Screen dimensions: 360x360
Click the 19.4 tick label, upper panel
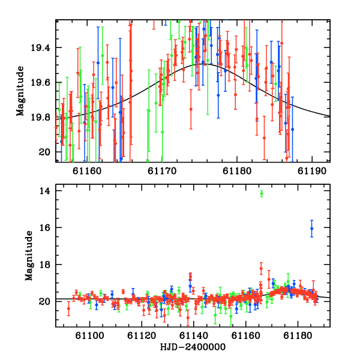[40, 48]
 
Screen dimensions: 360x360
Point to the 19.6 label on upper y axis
[40, 82]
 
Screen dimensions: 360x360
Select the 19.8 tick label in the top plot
[40, 118]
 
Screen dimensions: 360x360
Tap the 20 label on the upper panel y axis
[44, 152]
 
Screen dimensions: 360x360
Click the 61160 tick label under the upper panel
[87, 171]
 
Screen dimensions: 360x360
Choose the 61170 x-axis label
[162, 171]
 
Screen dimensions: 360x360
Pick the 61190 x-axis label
[312, 171]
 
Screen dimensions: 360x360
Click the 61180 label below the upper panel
[237, 171]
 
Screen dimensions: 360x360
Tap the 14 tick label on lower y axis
[44, 191]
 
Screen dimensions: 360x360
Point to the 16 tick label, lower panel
[44, 227]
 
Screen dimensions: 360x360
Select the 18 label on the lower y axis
[44, 265]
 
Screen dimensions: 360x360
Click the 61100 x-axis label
[90, 335]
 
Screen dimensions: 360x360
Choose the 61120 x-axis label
[142, 335]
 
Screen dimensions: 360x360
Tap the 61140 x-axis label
[194, 335]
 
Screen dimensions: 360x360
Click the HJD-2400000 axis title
[193, 347]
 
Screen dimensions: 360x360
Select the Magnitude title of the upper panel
[20, 91]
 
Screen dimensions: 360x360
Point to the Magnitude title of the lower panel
[29, 256]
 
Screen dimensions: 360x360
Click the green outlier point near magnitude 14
[262, 194]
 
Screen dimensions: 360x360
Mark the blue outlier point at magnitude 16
[312, 229]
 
